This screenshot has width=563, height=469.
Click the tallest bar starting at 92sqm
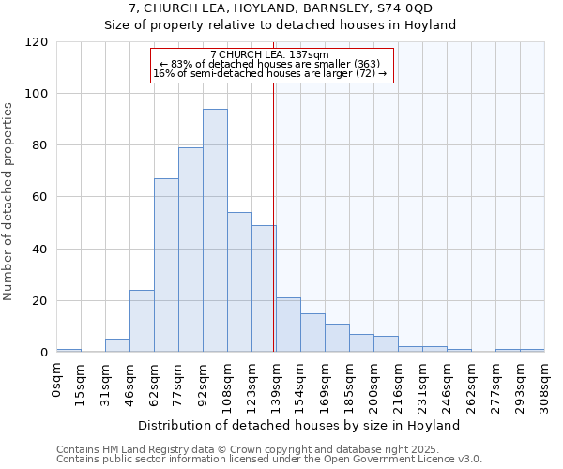[215, 231]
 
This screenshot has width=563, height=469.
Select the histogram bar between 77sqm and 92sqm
[190, 250]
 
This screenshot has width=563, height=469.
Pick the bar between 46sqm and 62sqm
[142, 321]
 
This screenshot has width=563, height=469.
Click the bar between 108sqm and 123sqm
[239, 282]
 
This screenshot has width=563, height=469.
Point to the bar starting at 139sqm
[288, 325]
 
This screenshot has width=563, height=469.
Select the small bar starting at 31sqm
[117, 345]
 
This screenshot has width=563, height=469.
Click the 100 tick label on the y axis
[37, 94]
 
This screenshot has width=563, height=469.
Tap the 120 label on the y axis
[37, 42]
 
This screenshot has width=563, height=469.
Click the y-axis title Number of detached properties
[10, 202]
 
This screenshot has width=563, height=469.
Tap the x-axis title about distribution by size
[298, 425]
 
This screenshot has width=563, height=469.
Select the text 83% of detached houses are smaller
[269, 64]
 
